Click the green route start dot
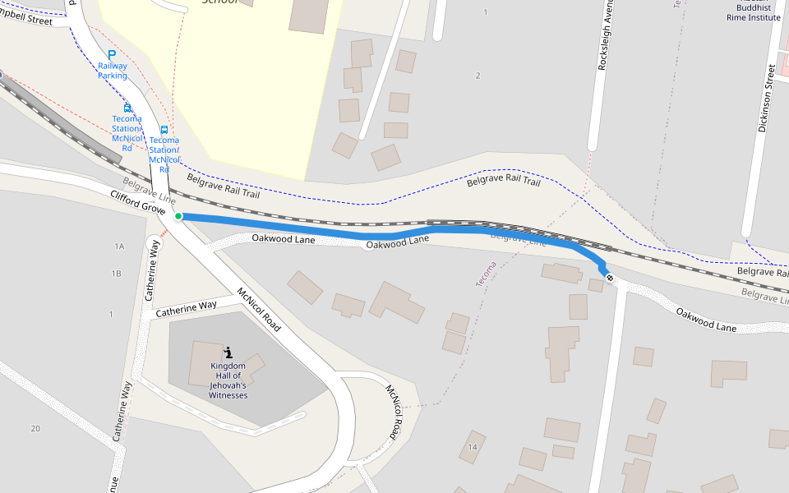(x=178, y=216)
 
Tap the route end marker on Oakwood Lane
(x=609, y=277)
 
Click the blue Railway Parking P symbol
(x=112, y=54)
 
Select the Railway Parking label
(x=113, y=71)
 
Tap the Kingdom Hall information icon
(x=228, y=352)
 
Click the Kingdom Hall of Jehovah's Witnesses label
(x=228, y=380)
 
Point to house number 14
(x=472, y=447)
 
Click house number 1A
(x=119, y=246)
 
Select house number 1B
(x=116, y=274)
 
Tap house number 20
(x=35, y=429)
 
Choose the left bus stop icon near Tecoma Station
(x=127, y=108)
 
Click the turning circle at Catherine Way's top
(x=154, y=244)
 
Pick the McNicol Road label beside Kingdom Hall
(x=259, y=310)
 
